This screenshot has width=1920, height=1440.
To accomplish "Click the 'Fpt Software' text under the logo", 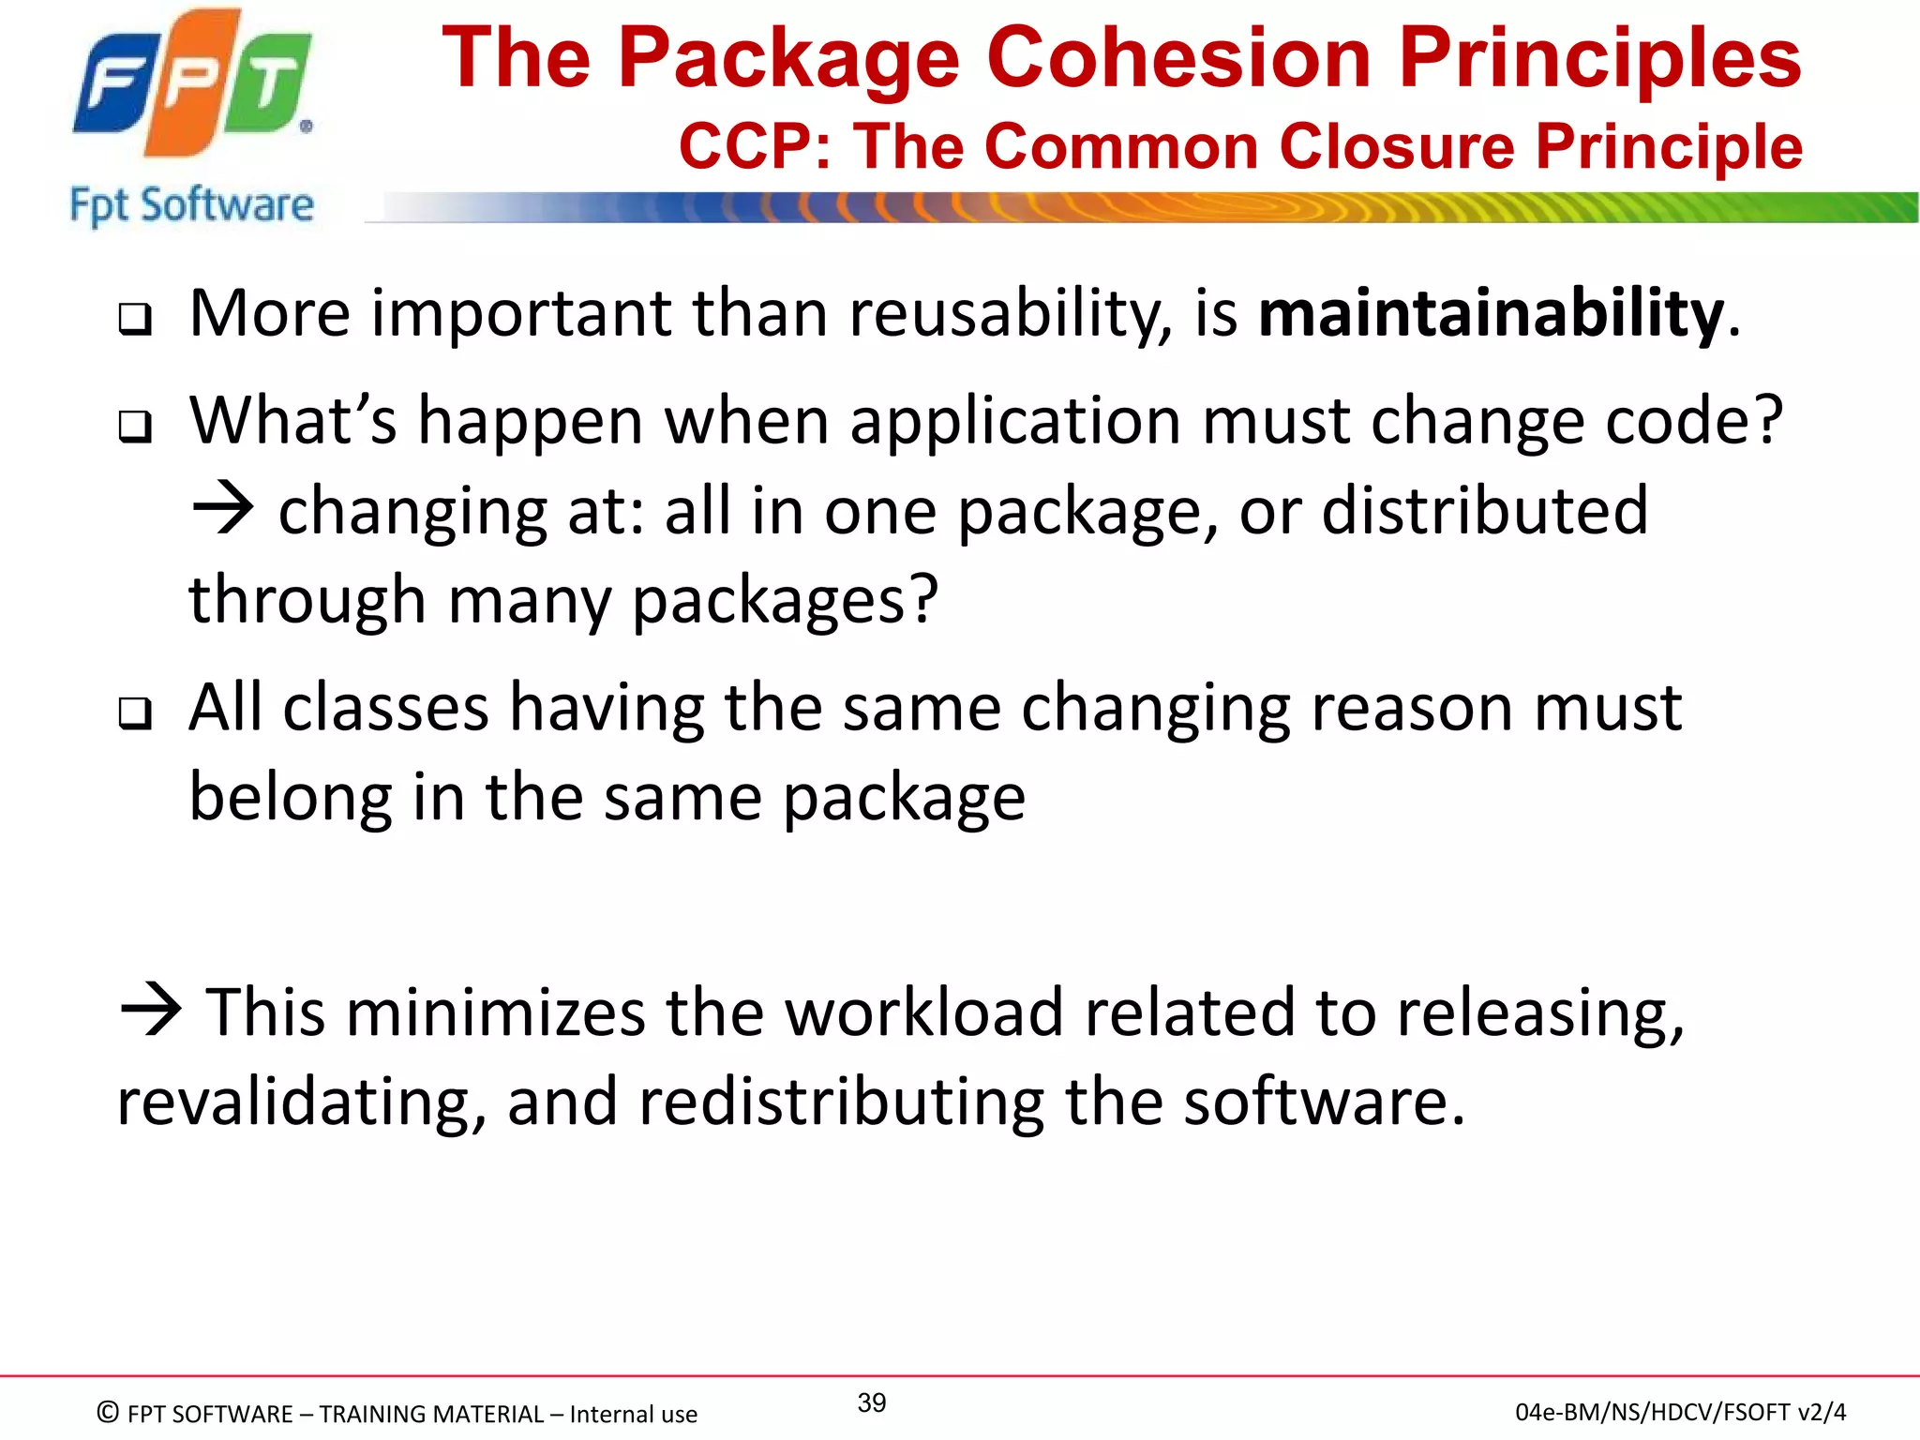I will point(192,204).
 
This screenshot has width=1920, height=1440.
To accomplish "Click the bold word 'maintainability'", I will point(1491,314).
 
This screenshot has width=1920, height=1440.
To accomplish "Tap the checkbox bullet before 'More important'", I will point(135,321).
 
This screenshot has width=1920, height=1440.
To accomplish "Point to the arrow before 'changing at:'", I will point(222,510).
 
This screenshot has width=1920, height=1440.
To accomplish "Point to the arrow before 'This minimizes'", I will point(150,1012).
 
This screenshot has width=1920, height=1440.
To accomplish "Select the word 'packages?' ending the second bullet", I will point(785,600).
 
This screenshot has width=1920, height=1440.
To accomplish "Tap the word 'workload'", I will point(923,1013).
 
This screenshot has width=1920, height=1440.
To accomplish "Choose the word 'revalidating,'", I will point(301,1102).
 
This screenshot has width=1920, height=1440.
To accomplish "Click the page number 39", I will point(872,1403).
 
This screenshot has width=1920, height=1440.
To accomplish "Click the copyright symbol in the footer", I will point(108,1412).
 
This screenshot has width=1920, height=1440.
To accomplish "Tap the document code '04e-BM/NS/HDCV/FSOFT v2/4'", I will point(1680,1412).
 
